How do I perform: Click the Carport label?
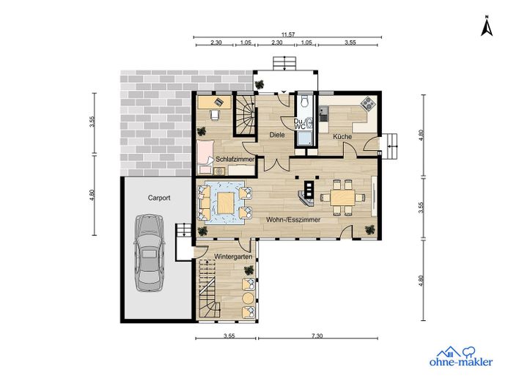click(x=159, y=198)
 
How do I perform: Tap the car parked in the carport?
click(x=149, y=253)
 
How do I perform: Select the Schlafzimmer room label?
click(x=235, y=159)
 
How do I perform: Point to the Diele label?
click(x=277, y=134)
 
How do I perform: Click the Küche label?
click(x=342, y=136)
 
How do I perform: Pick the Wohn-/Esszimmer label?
click(x=293, y=220)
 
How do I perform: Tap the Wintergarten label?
click(x=233, y=256)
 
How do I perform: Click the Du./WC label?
click(x=300, y=124)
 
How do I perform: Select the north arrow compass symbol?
click(x=486, y=25)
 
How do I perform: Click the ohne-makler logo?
click(x=460, y=357)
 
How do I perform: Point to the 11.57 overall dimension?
click(x=288, y=34)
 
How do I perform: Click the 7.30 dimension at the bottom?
click(x=317, y=336)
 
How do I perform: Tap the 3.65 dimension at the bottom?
click(x=229, y=336)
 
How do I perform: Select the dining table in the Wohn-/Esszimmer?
click(x=342, y=197)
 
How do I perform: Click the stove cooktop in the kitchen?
click(x=369, y=103)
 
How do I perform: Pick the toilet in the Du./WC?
click(x=304, y=101)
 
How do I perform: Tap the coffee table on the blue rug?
click(x=226, y=203)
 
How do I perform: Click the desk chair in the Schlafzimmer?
click(x=215, y=114)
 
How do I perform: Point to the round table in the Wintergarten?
click(x=249, y=297)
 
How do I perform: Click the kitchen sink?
click(x=323, y=111)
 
